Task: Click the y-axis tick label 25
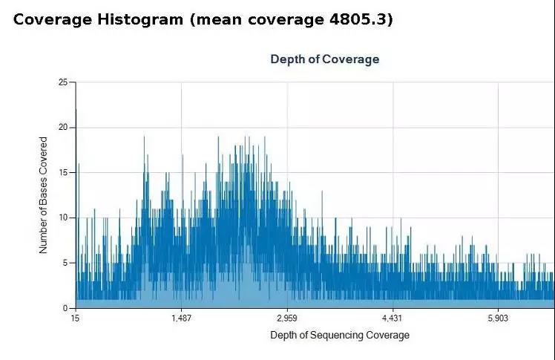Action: coord(62,82)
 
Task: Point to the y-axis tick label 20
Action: coord(62,127)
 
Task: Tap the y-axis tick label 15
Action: coord(62,172)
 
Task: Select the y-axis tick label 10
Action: coord(62,217)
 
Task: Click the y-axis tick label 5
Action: coord(65,263)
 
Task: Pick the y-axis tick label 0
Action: coord(65,307)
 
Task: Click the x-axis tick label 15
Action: coord(75,318)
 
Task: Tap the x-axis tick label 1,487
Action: coord(181,318)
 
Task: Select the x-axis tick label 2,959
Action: coord(287,318)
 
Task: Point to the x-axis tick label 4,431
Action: coord(393,318)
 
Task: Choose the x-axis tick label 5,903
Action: coord(499,318)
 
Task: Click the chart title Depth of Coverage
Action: coord(324,59)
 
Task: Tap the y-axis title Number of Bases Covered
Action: coord(44,195)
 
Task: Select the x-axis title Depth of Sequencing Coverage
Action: coord(340,335)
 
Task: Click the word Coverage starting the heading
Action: coord(51,19)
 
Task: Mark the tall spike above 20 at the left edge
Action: coord(76,119)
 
